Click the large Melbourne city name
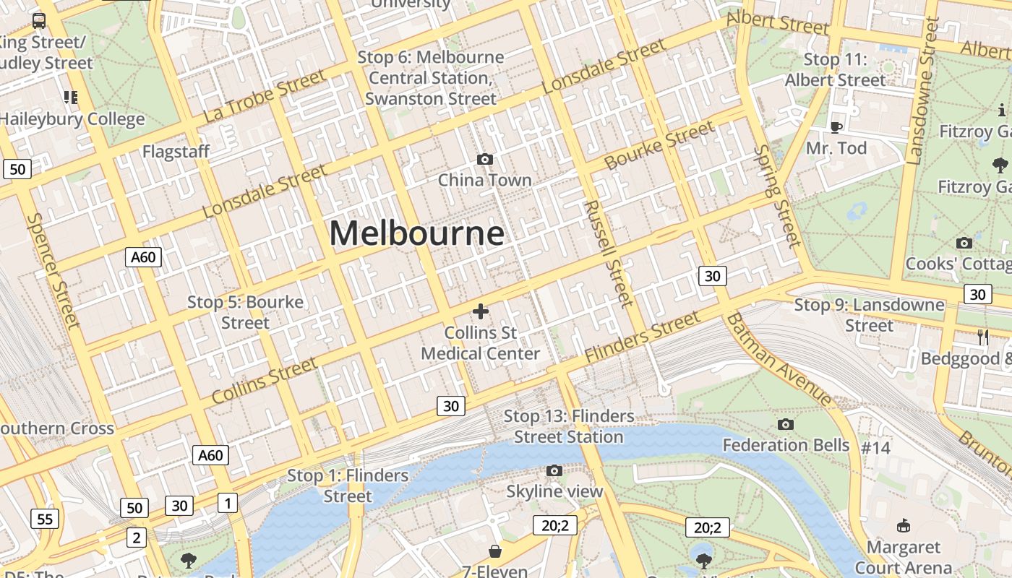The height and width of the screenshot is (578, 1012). point(416,233)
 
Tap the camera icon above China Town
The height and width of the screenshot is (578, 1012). point(485,159)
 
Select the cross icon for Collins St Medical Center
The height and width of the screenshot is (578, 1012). point(480,311)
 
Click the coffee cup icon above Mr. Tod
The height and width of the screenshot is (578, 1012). point(836,127)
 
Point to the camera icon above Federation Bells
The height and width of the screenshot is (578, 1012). point(786,424)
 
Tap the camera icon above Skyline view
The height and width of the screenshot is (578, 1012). point(554,471)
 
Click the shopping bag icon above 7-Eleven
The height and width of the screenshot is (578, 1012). point(495,551)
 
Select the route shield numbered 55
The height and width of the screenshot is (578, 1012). point(45,518)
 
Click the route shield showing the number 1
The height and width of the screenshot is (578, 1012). point(228,503)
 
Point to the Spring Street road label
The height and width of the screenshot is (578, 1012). point(778,196)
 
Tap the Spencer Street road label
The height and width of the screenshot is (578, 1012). point(53,269)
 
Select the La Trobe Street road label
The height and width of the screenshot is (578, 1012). point(264,96)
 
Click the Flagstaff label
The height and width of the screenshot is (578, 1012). point(176,152)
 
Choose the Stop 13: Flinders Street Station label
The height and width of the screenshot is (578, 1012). point(569,426)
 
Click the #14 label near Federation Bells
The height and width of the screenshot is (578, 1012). point(875,447)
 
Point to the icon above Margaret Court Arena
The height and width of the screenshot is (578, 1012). point(903,525)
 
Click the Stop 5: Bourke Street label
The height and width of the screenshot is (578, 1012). point(245,312)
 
